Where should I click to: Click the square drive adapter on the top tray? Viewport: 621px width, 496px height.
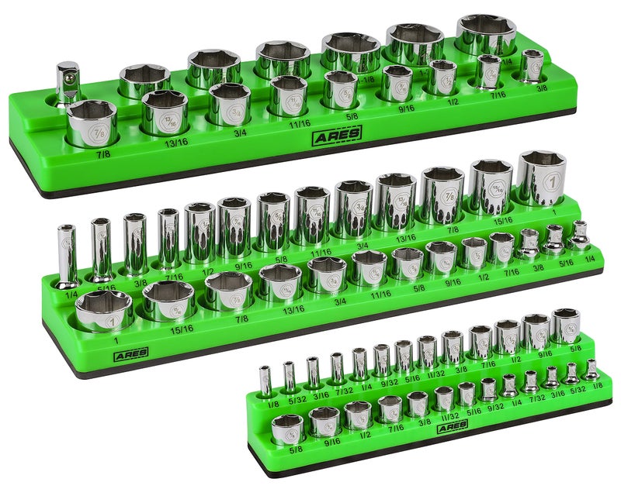[68, 84]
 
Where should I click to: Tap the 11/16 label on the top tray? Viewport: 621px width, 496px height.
[298, 122]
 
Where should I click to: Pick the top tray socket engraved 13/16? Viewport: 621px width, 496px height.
[165, 112]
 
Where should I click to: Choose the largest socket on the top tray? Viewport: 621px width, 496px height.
[486, 36]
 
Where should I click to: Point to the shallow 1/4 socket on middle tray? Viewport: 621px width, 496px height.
[580, 234]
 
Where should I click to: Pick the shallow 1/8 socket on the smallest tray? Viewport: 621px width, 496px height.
[592, 370]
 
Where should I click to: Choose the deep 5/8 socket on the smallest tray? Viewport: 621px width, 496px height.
[565, 325]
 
